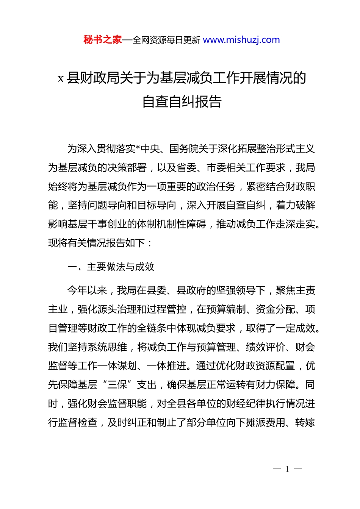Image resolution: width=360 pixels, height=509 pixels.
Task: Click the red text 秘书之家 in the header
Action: (x=103, y=40)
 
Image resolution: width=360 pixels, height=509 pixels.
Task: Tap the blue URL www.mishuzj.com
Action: (x=241, y=40)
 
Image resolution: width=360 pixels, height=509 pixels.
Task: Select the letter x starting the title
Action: (x=61, y=79)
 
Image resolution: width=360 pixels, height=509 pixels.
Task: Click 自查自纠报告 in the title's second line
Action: (x=182, y=101)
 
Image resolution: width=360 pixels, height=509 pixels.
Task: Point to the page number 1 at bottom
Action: (x=287, y=469)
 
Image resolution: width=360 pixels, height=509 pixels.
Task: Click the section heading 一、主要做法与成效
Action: (x=111, y=267)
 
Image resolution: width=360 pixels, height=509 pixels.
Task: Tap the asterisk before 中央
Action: (x=138, y=149)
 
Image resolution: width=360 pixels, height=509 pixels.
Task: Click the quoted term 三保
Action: (x=117, y=385)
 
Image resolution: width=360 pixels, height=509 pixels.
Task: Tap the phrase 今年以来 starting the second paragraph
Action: (x=87, y=290)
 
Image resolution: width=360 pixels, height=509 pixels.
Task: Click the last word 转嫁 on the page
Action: (x=305, y=423)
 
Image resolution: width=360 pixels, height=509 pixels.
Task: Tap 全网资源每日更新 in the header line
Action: (x=166, y=40)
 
